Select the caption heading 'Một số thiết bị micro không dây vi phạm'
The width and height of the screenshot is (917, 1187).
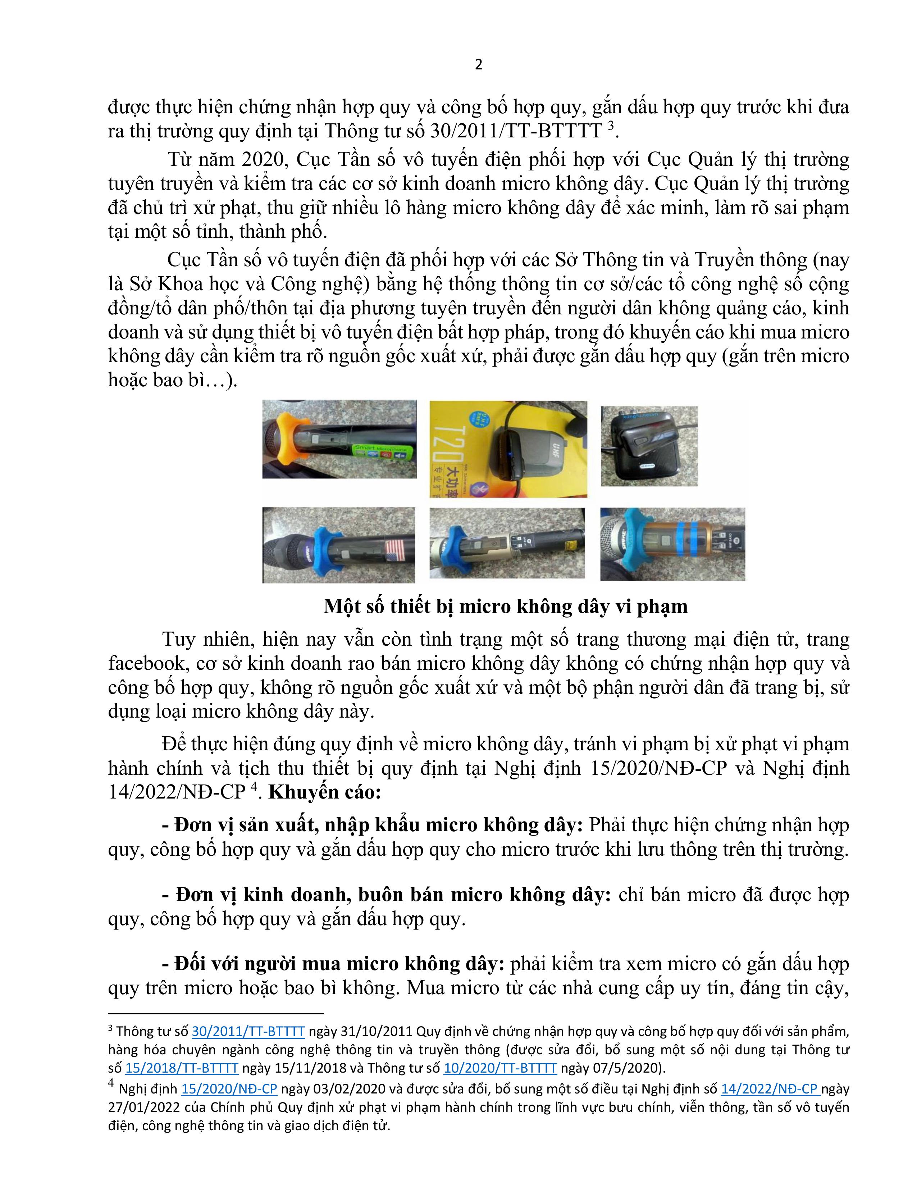coord(505,606)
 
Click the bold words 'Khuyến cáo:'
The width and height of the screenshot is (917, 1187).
coord(325,792)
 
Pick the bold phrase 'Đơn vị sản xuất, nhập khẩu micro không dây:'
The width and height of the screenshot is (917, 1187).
coord(372,825)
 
